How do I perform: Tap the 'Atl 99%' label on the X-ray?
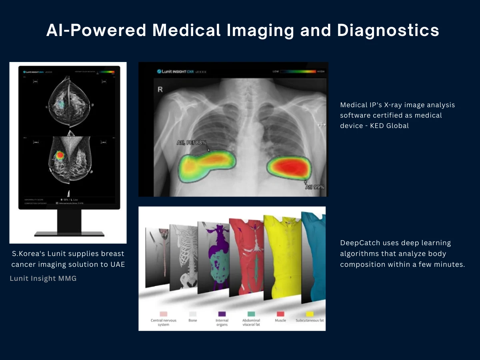pyautogui.click(x=315, y=186)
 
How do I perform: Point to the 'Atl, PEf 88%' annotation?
pyautogui.click(x=192, y=142)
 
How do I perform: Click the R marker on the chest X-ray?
pyautogui.click(x=160, y=90)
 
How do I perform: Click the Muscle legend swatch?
pyautogui.click(x=280, y=314)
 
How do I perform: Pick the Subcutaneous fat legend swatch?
pyautogui.click(x=310, y=314)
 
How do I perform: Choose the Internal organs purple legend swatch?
pyautogui.click(x=222, y=314)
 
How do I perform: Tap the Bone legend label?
pyautogui.click(x=192, y=320)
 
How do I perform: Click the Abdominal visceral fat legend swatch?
pyautogui.click(x=251, y=314)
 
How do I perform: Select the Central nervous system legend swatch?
pyautogui.click(x=163, y=314)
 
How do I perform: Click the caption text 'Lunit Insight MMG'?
pyautogui.click(x=43, y=278)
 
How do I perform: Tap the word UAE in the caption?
pyautogui.click(x=117, y=264)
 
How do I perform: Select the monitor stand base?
pyautogui.click(x=69, y=234)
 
